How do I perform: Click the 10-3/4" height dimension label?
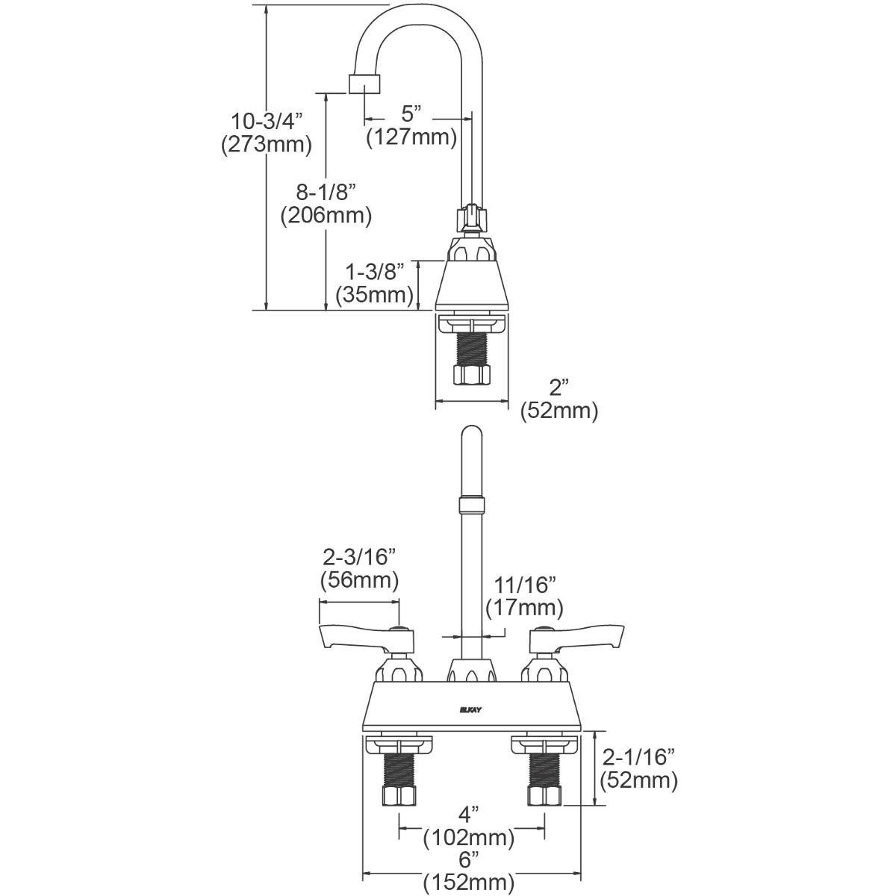click(265, 119)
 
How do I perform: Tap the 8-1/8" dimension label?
click(326, 191)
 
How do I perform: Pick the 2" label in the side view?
click(559, 386)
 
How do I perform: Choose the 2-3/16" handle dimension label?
click(358, 556)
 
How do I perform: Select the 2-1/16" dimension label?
click(639, 756)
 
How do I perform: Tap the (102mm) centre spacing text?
click(469, 838)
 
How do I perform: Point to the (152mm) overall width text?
click(469, 883)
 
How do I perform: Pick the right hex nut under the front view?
click(543, 794)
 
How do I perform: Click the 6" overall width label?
click(469, 859)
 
